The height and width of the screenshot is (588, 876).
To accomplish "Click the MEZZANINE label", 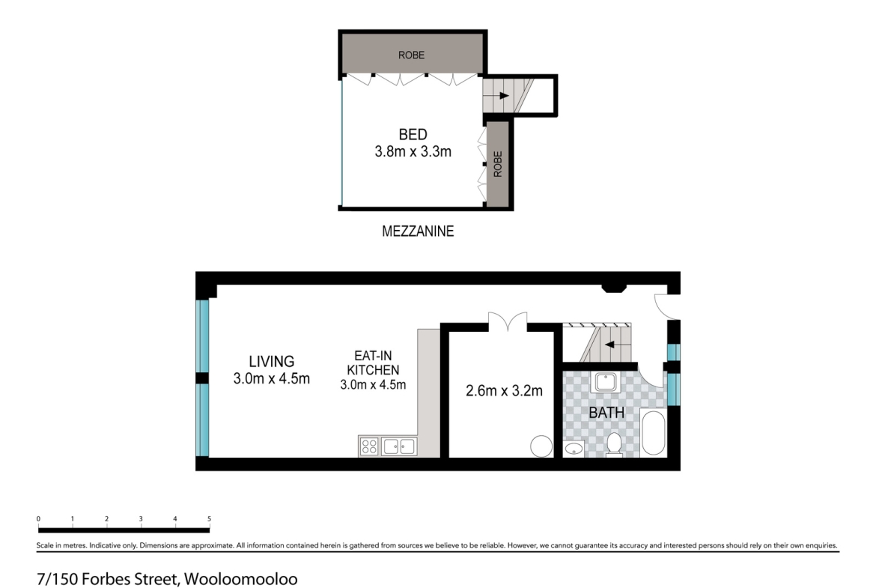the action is [417, 231].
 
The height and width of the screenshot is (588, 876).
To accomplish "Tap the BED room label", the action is [413, 134].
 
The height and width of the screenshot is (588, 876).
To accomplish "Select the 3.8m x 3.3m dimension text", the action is [413, 151].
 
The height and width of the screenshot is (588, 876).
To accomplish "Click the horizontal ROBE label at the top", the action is [411, 55].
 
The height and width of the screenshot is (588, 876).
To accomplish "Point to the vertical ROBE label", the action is [498, 164].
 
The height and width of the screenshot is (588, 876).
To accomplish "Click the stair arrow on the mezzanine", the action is [504, 96].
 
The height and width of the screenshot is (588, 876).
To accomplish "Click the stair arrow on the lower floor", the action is [609, 345].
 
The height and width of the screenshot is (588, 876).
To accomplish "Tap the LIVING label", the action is [272, 362].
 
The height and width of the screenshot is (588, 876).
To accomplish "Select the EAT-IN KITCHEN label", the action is [373, 363].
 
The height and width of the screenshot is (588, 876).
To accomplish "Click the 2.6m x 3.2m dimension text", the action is [504, 391].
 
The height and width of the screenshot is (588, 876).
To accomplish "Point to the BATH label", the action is [606, 413].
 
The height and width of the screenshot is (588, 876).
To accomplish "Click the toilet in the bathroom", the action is [614, 444].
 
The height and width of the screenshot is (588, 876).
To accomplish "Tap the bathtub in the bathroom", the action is [653, 432].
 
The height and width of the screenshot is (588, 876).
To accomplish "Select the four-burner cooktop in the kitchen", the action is [369, 446].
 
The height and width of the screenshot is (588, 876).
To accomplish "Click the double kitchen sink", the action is [399, 446].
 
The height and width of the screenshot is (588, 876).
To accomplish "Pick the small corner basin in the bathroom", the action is [574, 448].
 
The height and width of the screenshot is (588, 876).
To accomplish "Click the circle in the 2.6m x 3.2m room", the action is [541, 446].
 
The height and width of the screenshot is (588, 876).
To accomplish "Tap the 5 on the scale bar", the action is [209, 518].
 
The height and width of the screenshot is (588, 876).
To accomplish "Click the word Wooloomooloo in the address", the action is [241, 578].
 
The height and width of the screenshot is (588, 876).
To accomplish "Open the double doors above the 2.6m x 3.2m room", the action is [508, 322].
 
